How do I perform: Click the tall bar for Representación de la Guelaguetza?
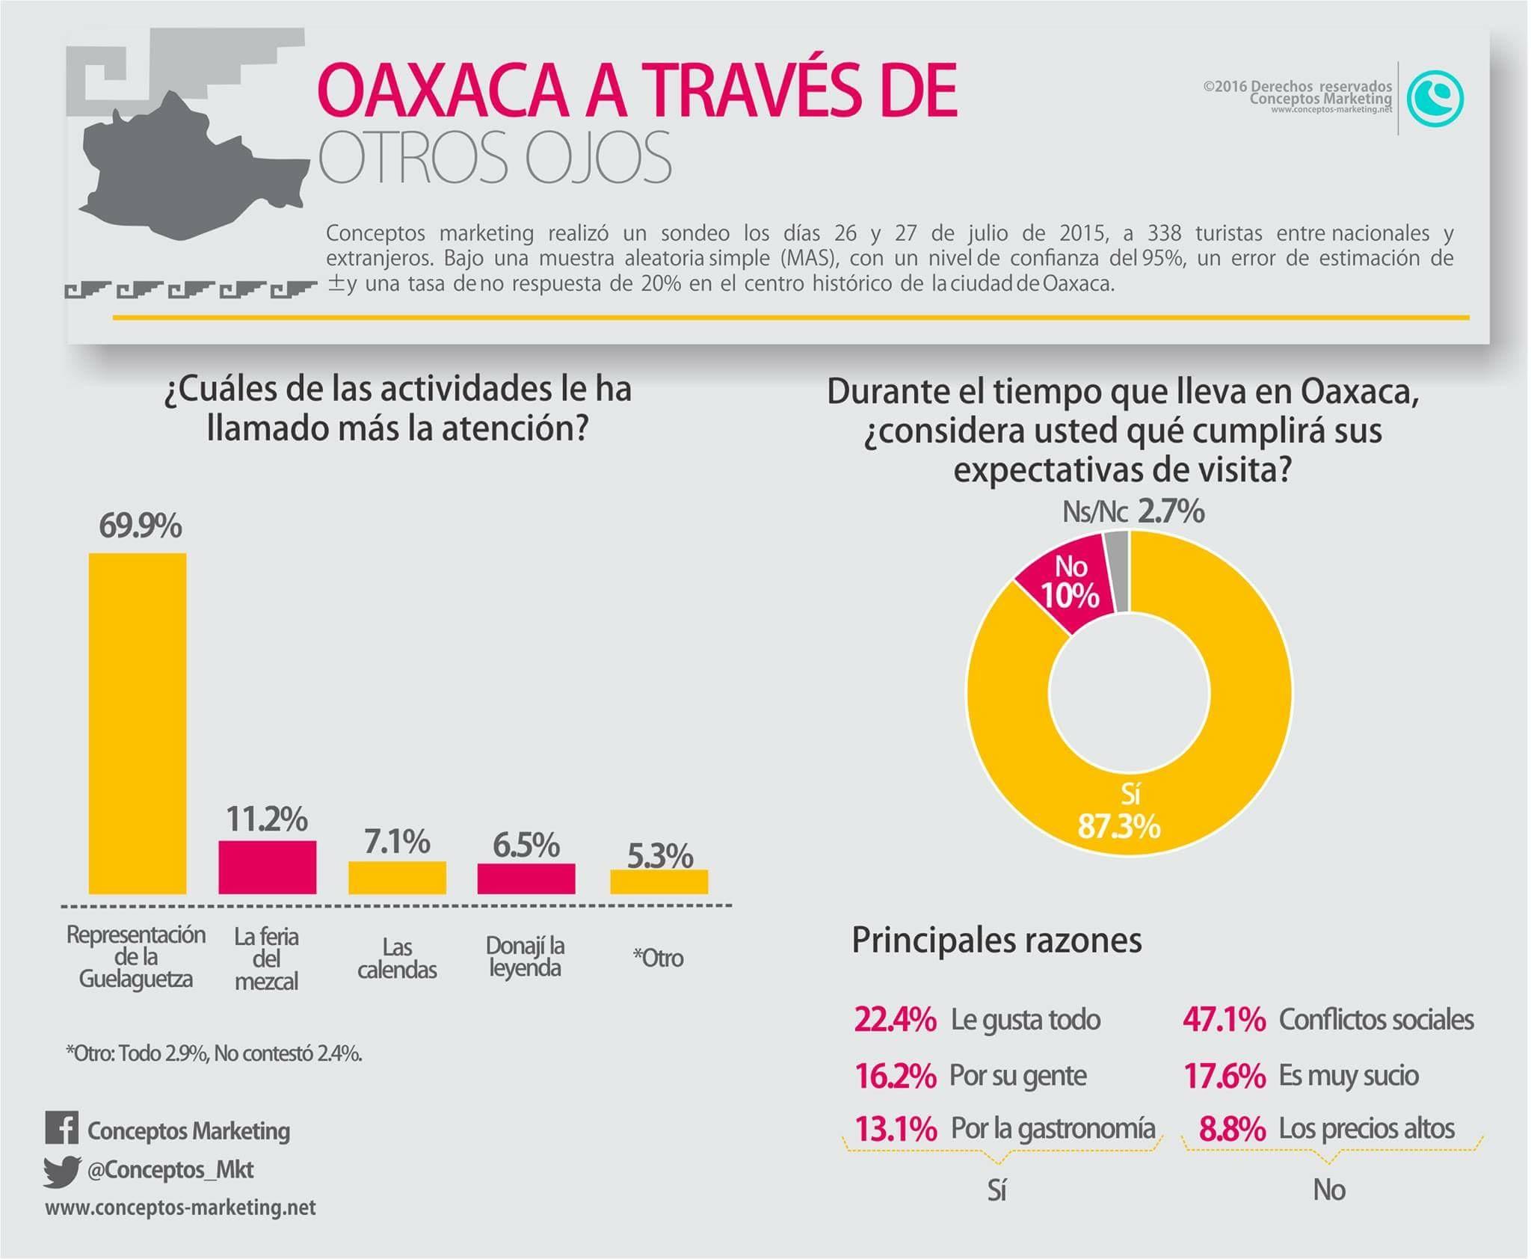click(138, 723)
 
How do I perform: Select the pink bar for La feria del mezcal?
click(267, 866)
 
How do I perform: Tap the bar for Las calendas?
click(397, 877)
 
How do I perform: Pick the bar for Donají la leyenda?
click(526, 878)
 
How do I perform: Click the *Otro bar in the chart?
click(659, 881)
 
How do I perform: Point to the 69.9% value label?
click(141, 526)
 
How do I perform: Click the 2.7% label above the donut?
click(1171, 511)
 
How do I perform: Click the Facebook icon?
click(61, 1129)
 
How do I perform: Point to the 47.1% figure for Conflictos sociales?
click(1224, 1020)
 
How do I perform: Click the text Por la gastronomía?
click(1053, 1129)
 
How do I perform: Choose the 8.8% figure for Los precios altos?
click(1232, 1129)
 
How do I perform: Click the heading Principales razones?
click(996, 941)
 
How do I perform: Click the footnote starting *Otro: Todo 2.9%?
click(214, 1053)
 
